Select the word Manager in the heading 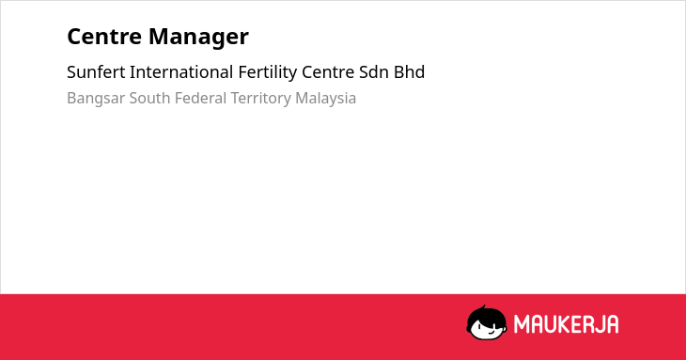pos(198,38)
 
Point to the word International pos(181,72)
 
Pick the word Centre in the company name pos(328,72)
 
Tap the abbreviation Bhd pos(409,72)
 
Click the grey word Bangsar pos(96,99)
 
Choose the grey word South pos(149,98)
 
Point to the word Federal pos(200,98)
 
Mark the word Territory pos(260,99)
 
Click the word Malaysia pos(325,99)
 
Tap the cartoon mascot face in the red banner pos(487,323)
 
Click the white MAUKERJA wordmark pos(566,324)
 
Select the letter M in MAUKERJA pos(522,324)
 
